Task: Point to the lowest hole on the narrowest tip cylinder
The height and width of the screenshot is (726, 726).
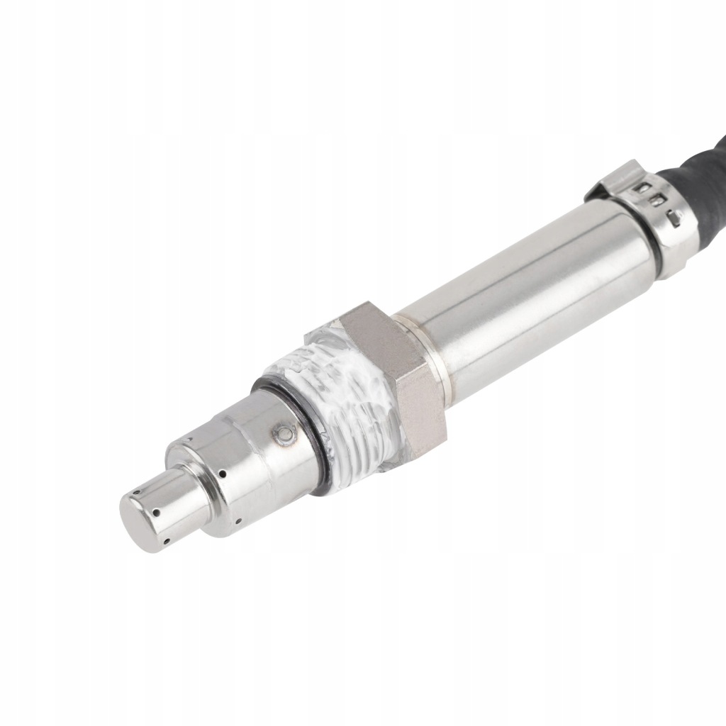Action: [166, 542]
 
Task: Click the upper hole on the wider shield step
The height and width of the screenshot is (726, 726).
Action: [222, 474]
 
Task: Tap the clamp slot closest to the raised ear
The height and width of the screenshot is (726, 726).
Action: [644, 188]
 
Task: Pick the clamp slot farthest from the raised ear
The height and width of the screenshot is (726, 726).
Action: [676, 216]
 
